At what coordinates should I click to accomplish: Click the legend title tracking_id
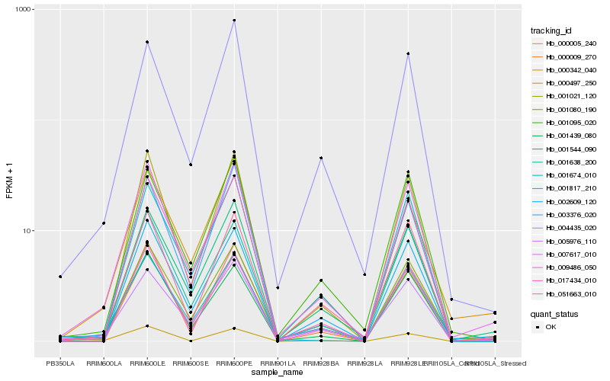coord(551,30)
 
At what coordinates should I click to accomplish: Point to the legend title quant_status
coord(554,313)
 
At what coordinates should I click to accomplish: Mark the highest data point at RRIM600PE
coord(234,21)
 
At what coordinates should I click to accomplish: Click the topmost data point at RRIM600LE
coord(147,42)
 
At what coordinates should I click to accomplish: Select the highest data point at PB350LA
coord(59,277)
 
